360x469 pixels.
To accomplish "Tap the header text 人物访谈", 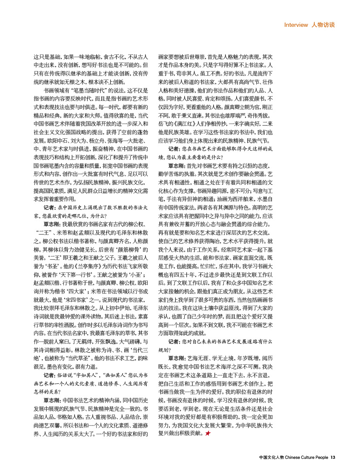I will point(323,25).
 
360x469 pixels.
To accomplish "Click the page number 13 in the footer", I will point(333,458).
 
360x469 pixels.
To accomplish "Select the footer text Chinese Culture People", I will point(306,458).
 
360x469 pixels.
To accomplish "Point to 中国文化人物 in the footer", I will point(271,458).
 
